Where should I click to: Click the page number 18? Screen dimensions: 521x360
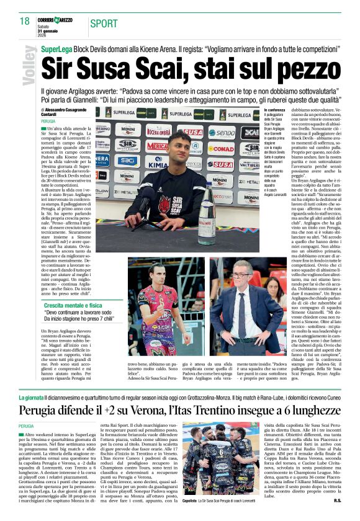click(x=24, y=21)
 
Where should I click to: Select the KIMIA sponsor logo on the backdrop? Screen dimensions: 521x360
click(x=158, y=166)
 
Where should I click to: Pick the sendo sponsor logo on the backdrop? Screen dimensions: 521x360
click(x=222, y=132)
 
